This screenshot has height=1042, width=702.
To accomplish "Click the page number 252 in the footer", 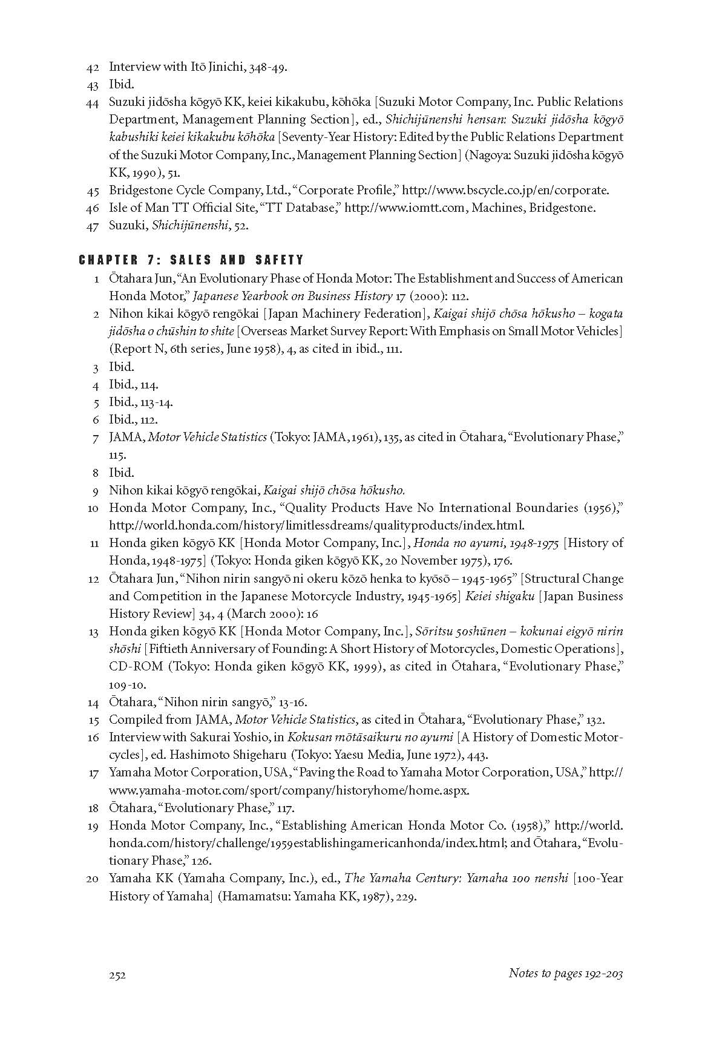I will pos(117,975).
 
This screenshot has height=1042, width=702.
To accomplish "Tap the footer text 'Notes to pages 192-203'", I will pos(565,974).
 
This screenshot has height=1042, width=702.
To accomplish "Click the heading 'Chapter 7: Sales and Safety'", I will pos(191,260).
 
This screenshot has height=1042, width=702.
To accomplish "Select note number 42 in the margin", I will pos(93,67).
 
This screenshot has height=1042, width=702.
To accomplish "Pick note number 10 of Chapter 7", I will pos(93,508).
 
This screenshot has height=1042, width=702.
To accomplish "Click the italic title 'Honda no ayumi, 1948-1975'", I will pos(486,543).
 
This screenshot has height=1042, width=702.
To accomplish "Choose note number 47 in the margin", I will pos(93,226).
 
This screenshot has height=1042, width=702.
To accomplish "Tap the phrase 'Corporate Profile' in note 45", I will pos(346,191).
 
